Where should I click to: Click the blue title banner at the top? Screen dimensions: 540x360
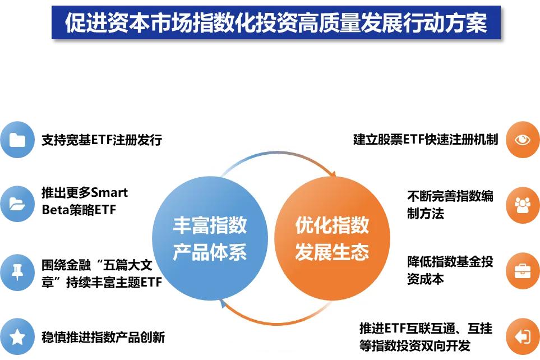coord(276,22)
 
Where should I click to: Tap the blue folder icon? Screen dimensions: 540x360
coord(17,140)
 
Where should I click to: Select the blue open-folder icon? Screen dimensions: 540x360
coord(17,204)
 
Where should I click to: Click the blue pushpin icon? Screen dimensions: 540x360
coord(17,272)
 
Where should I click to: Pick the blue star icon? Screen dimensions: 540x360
coord(17,336)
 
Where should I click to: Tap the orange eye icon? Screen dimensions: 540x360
coord(523,140)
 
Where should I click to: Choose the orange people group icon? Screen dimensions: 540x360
coord(523,205)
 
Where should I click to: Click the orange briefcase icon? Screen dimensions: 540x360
coord(523,271)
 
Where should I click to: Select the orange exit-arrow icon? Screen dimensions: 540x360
coord(523,336)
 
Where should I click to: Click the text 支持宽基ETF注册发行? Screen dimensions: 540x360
coord(102,140)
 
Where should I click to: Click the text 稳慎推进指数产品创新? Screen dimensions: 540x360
coord(103,337)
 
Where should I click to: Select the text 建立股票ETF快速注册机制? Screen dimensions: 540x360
coord(426,140)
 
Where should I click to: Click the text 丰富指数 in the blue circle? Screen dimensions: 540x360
coord(210,225)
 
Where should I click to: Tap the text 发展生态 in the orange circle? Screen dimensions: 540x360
coord(332,252)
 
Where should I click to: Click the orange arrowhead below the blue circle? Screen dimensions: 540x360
coord(223,303)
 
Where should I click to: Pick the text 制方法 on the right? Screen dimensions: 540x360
coord(426,213)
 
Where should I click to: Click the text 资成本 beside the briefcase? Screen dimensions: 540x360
coord(426,279)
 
